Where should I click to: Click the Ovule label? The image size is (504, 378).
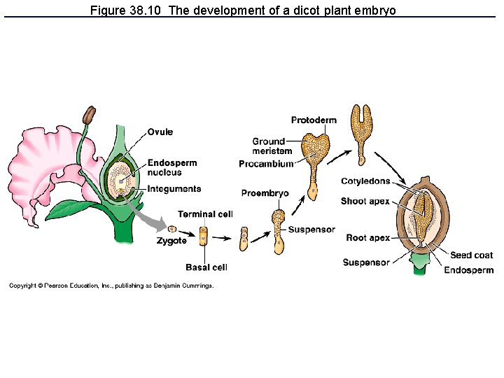point(160,132)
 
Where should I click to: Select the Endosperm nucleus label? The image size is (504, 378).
point(171,167)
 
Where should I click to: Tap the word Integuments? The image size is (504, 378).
point(174,188)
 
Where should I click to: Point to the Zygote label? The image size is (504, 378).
point(171,241)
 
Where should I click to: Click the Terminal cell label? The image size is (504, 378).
point(204,214)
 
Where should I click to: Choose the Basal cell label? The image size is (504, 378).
point(206,267)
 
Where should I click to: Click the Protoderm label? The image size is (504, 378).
point(313,120)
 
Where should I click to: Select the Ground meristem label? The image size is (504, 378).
point(272,146)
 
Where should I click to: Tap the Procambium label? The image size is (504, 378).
point(265,164)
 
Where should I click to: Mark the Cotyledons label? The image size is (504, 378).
point(365,181)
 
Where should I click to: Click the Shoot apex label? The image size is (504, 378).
point(365,202)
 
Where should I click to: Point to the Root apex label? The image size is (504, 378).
point(367,238)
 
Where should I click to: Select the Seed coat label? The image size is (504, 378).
point(471,255)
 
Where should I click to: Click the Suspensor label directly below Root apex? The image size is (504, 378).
point(365,262)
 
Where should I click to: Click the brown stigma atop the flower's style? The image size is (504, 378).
point(89,115)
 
